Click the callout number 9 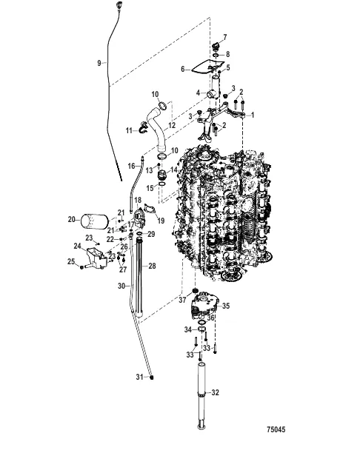[x=99, y=64]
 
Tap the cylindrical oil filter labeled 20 [x=93, y=221]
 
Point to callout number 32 [x=216, y=392]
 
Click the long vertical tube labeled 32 [x=200, y=392]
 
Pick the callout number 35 [x=227, y=305]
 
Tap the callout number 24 [x=77, y=246]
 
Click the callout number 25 [x=71, y=261]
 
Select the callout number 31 [x=138, y=377]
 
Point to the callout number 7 [x=226, y=36]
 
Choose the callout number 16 [x=130, y=166]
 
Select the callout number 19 [x=161, y=220]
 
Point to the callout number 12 [x=172, y=126]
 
